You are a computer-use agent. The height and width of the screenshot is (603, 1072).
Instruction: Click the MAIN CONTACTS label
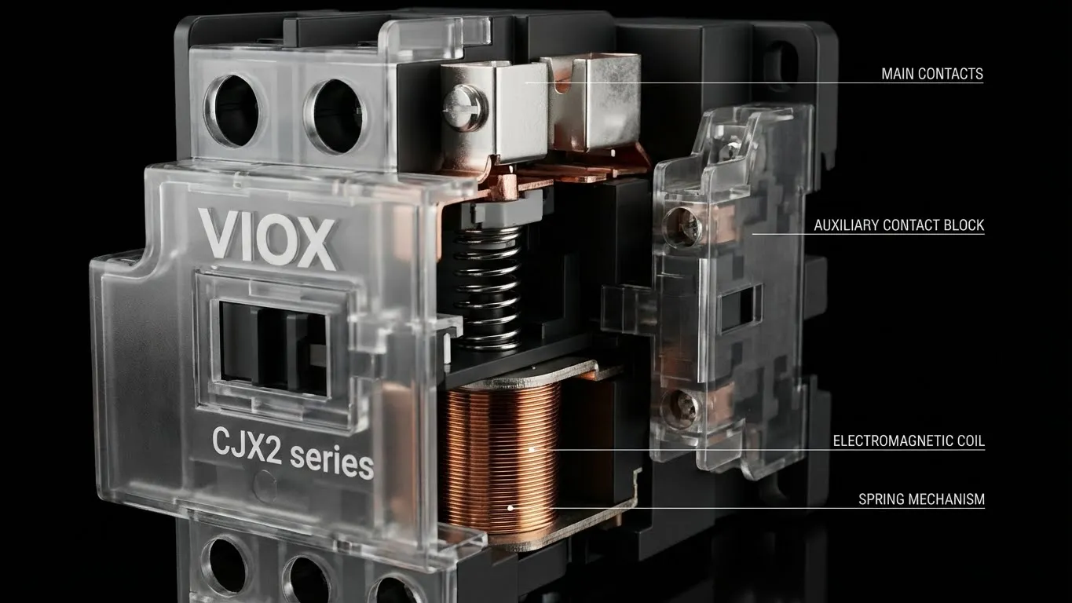[x=931, y=75]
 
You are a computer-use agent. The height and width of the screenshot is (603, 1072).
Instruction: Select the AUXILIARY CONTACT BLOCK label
[x=898, y=225]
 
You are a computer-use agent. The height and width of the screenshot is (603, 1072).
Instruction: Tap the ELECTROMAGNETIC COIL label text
[x=909, y=441]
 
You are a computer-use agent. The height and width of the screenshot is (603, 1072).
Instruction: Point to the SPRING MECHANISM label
[x=921, y=499]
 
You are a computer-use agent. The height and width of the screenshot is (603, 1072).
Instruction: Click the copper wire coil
[x=499, y=455]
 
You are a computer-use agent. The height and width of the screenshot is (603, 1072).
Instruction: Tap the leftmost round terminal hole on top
[x=232, y=110]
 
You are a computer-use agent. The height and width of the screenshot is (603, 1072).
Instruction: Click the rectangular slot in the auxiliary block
[x=739, y=307]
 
